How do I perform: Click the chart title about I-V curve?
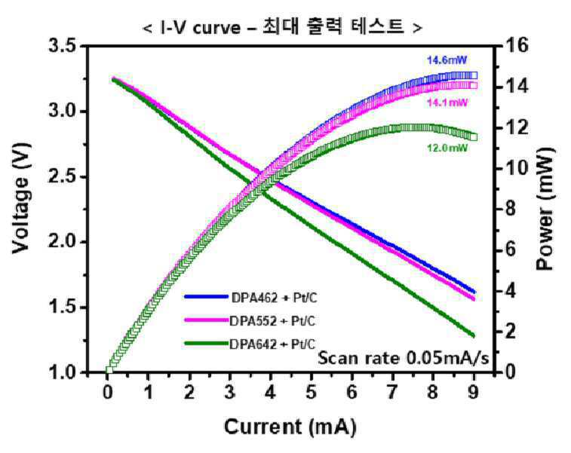(283, 27)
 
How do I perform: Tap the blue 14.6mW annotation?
(447, 60)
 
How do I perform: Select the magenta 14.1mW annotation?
(447, 103)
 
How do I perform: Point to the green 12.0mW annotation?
(447, 148)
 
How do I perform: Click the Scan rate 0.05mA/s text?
(404, 358)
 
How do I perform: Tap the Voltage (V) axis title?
(21, 198)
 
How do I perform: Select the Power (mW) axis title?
(545, 210)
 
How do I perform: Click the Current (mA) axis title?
(290, 427)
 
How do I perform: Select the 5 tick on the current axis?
(311, 393)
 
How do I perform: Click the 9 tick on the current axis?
(474, 393)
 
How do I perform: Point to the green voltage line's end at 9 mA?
(474, 335)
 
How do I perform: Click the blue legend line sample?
(206, 297)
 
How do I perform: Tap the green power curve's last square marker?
(474, 137)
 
